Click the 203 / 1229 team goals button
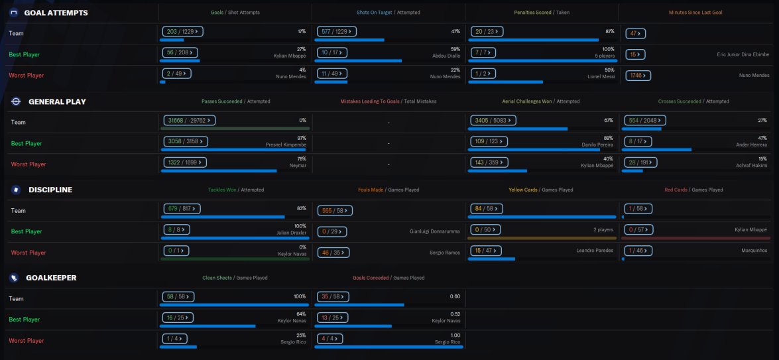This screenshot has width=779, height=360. [x=182, y=32]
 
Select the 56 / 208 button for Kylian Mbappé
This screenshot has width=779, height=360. [x=180, y=52]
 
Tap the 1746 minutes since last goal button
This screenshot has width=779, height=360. [x=638, y=76]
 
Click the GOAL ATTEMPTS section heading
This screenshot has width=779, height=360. [x=56, y=13]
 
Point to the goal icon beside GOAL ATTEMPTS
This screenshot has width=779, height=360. [x=14, y=13]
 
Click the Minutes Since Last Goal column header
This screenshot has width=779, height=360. [x=695, y=13]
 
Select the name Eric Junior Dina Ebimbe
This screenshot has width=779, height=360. [x=743, y=54]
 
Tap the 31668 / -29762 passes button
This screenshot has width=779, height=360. [x=190, y=120]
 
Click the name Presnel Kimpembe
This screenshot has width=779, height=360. [x=286, y=145]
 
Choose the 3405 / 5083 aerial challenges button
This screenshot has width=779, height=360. [x=493, y=120]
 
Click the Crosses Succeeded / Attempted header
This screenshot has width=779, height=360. [x=693, y=101]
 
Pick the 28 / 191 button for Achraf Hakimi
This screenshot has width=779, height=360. [x=640, y=162]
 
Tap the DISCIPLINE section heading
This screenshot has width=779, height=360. [x=50, y=190]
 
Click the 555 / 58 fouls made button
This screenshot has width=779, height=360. [x=335, y=211]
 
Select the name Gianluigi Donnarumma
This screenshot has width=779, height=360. [x=435, y=231]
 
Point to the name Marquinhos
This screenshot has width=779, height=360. [x=753, y=251]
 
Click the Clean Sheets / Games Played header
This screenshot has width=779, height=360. [x=235, y=278]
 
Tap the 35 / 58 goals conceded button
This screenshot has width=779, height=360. [x=333, y=297]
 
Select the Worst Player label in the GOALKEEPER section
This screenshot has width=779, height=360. [x=27, y=341]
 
